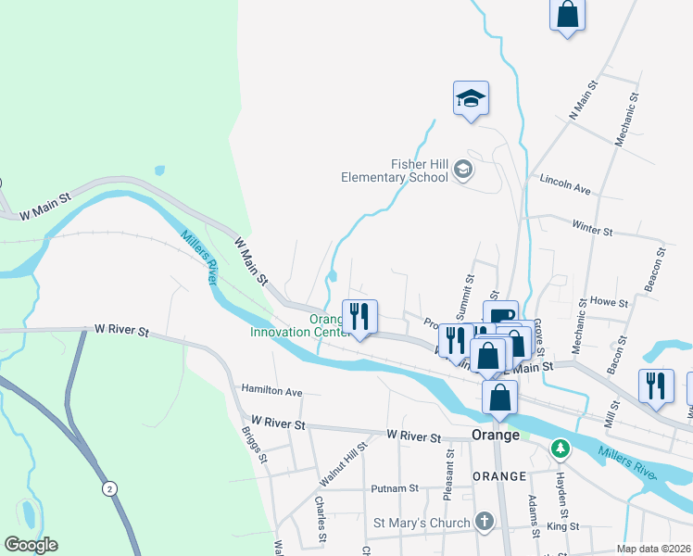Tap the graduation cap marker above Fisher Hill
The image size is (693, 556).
pyautogui.click(x=471, y=98)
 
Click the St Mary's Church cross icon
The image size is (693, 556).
pyautogui.click(x=483, y=522)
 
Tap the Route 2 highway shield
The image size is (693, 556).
pyautogui.click(x=110, y=488)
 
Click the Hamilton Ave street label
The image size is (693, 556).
pyautogui.click(x=272, y=392)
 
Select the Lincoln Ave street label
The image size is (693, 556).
pyautogui.click(x=565, y=183)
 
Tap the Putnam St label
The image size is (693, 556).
pyautogui.click(x=395, y=487)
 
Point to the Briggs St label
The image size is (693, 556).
pyautogui.click(x=255, y=444)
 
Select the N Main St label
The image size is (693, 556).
pyautogui.click(x=585, y=99)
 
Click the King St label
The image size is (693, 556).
pyautogui.click(x=563, y=526)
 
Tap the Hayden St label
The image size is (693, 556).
pyautogui.click(x=561, y=495)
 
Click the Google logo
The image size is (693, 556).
pyautogui.click(x=31, y=545)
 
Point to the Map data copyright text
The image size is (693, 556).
pyautogui.click(x=653, y=549)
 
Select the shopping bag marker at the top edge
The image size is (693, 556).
pyautogui.click(x=568, y=16)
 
